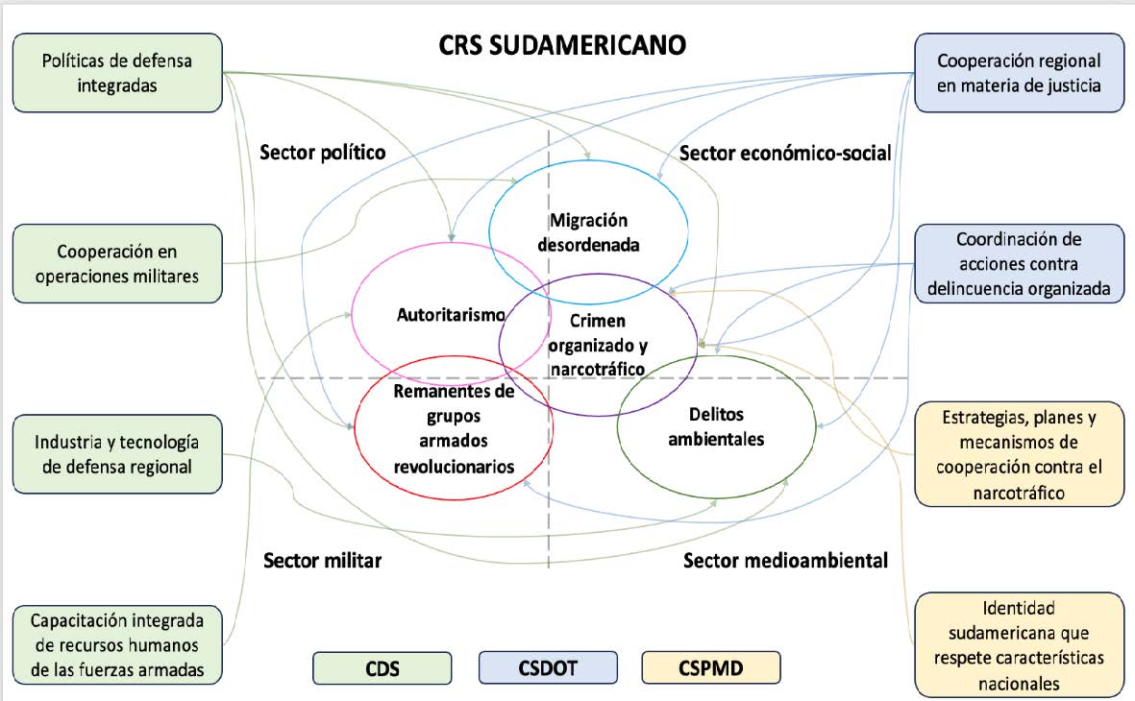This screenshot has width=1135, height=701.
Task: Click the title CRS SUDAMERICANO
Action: tap(562, 45)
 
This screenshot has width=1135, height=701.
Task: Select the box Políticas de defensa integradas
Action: tap(117, 73)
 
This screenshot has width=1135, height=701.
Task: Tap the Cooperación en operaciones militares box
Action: tap(117, 263)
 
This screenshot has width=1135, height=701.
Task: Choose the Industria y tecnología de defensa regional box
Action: tap(117, 454)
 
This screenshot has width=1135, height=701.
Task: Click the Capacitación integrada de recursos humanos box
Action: tap(117, 644)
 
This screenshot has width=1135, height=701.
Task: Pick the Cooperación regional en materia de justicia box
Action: tap(1019, 73)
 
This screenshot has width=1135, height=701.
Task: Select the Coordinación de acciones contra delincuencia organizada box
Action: tap(1019, 263)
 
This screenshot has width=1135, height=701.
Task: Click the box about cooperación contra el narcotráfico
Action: tap(1019, 455)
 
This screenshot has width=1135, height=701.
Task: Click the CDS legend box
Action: tap(382, 667)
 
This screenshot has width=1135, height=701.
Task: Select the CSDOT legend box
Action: tap(548, 667)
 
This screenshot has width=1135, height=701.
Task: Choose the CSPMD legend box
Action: tap(711, 667)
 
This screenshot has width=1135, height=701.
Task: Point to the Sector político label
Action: tap(323, 152)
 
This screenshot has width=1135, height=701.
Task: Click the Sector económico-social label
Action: tap(785, 153)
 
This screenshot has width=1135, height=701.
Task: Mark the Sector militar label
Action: tap(322, 561)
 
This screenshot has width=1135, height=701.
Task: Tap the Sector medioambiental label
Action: tap(785, 560)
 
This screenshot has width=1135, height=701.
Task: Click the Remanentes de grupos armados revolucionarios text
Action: tap(453, 428)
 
